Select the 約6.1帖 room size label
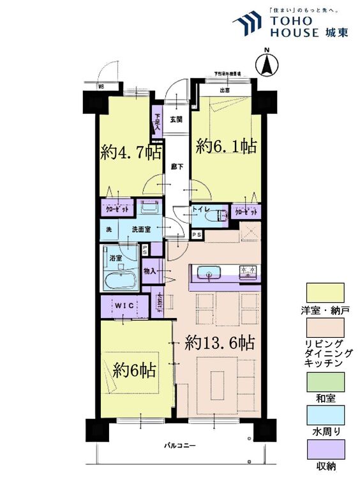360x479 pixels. click(x=226, y=146)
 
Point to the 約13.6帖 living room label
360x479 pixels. click(x=220, y=343)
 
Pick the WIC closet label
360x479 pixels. click(x=125, y=305)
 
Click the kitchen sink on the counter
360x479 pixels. click(x=210, y=273)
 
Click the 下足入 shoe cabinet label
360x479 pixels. click(x=157, y=121)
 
